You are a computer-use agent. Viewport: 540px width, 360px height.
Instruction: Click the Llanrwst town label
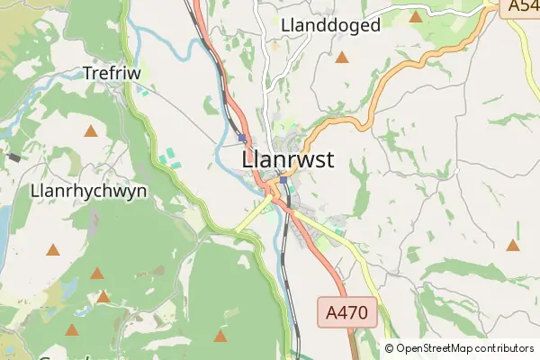coord(288,159)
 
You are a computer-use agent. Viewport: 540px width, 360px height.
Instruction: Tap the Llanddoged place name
coord(330,25)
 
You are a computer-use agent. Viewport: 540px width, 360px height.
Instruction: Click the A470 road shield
coord(346,312)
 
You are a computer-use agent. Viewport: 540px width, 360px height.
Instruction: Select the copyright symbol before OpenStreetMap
coord(389,348)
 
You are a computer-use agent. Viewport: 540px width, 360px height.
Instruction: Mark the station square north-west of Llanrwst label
coord(242,138)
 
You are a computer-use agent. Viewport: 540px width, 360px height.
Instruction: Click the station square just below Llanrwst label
coord(283,180)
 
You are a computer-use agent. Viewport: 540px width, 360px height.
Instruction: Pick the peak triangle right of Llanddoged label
coord(416,16)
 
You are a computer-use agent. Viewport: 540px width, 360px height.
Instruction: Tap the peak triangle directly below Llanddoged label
coord(342,58)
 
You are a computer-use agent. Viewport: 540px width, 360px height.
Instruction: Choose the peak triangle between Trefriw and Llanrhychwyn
coord(90,131)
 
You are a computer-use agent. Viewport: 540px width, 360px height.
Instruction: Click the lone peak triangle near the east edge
coord(513,245)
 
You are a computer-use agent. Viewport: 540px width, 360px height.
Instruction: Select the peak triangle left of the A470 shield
coord(220,337)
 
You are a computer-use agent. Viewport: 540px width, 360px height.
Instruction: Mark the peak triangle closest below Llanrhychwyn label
coord(53,249)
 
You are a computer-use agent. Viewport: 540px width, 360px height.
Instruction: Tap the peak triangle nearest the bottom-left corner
coord(71,329)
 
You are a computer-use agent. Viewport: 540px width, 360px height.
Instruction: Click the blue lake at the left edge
coord(3,220)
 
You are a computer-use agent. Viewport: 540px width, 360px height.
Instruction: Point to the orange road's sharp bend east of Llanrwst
coord(366,121)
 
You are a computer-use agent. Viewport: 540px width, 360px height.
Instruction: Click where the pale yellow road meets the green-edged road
coord(237,228)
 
